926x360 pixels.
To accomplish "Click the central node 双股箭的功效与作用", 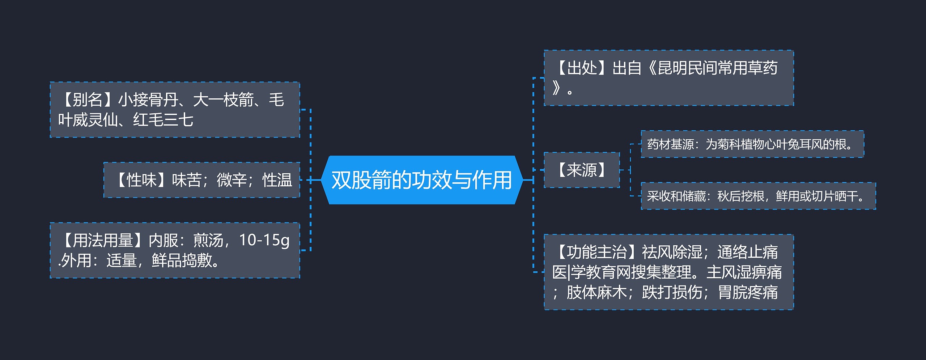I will [422, 180].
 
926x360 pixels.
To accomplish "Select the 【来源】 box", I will [582, 170].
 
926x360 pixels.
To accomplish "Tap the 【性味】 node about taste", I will [202, 180].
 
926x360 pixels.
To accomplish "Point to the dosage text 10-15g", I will [264, 240].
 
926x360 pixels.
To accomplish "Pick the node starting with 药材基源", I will [752, 144].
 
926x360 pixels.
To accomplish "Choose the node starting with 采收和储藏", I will [758, 196].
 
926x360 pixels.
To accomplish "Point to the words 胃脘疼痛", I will [748, 292].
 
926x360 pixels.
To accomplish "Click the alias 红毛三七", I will [163, 120].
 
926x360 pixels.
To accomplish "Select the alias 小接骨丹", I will [148, 100].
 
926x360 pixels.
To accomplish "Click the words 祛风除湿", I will [672, 252].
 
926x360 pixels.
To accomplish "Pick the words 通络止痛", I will [747, 252].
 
